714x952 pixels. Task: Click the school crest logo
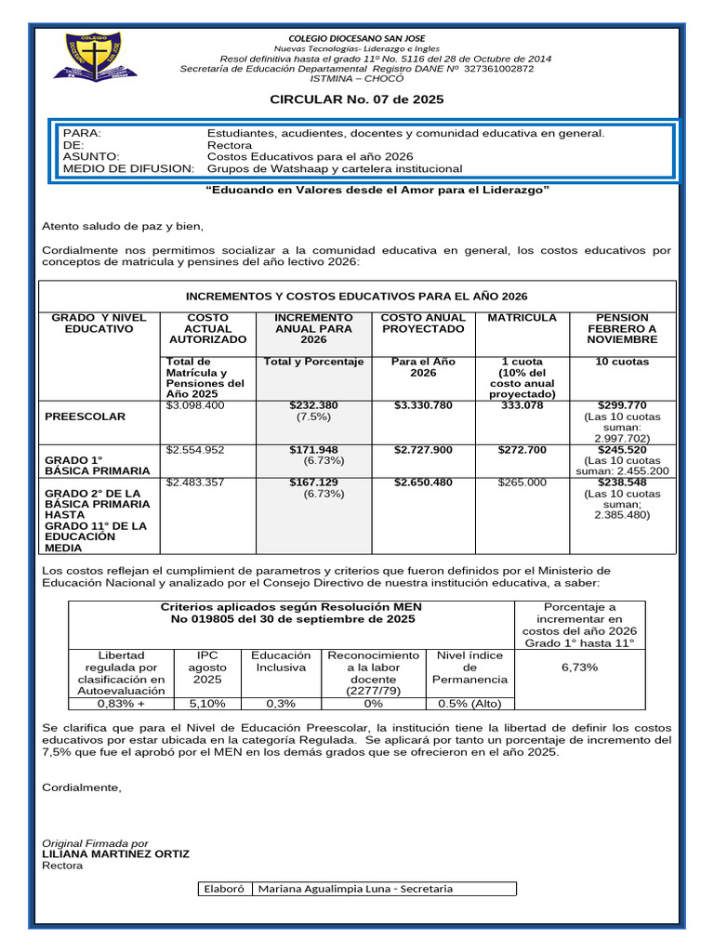pos(99,57)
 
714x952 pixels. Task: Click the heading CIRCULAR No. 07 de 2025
pos(356,99)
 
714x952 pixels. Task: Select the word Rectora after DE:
pos(229,145)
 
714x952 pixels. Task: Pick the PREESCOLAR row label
pos(85,416)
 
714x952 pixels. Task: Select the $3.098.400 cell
pos(195,405)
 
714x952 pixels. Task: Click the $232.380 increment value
pos(313,405)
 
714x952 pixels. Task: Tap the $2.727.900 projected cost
pos(423,450)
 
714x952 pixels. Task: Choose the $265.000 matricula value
pos(522,483)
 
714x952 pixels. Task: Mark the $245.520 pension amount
pos(623,450)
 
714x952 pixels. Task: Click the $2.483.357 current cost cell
pos(195,483)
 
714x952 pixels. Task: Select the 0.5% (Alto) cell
pos(469,704)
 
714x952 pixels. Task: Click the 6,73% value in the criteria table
pos(579,668)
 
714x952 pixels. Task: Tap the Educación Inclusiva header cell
pos(274,662)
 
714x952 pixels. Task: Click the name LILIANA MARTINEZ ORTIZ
pos(116,853)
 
